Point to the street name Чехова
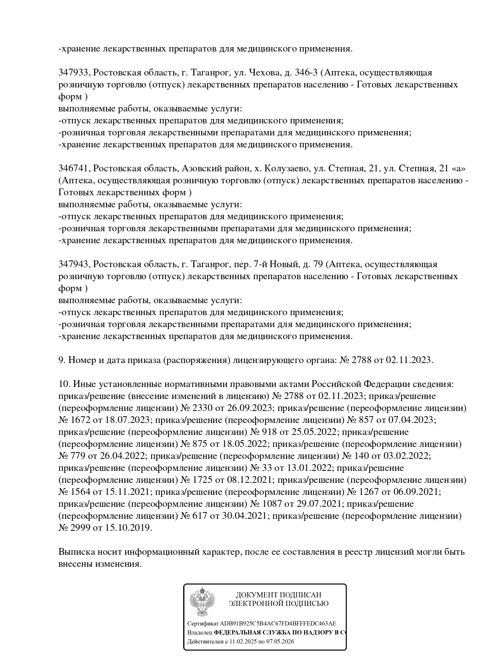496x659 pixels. (x=265, y=73)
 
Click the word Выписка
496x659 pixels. (x=76, y=552)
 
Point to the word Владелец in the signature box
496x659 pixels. (x=200, y=633)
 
